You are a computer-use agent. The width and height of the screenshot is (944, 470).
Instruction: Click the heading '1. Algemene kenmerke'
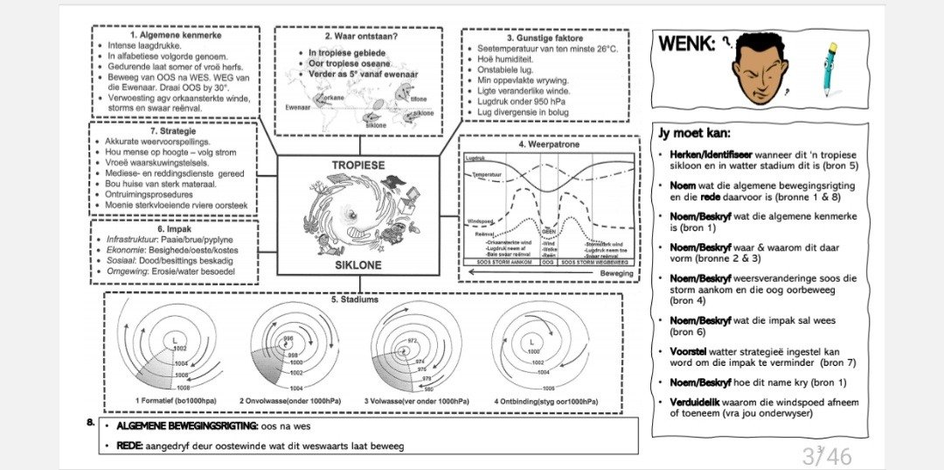(x=175, y=34)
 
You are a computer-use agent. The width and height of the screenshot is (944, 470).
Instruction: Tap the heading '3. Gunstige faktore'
(x=545, y=37)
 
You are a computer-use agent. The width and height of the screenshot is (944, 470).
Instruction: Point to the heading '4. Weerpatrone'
(x=548, y=144)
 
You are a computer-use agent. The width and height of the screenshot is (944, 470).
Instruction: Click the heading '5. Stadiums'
(x=356, y=299)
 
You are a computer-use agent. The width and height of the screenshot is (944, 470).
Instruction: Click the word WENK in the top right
(x=686, y=44)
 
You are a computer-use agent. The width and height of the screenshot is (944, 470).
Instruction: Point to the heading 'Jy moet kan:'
(x=694, y=134)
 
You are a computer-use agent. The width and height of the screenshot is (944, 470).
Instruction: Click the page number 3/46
(x=826, y=456)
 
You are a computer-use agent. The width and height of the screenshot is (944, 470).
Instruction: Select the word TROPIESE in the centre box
(x=357, y=165)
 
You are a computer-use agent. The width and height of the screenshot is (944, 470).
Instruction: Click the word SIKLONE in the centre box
(x=357, y=264)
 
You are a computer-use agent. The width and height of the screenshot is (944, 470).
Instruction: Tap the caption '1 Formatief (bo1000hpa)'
(x=176, y=401)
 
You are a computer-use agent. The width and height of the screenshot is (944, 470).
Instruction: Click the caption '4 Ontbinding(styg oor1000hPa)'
(x=545, y=401)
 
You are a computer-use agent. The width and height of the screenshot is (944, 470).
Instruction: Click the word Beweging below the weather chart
(x=603, y=273)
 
